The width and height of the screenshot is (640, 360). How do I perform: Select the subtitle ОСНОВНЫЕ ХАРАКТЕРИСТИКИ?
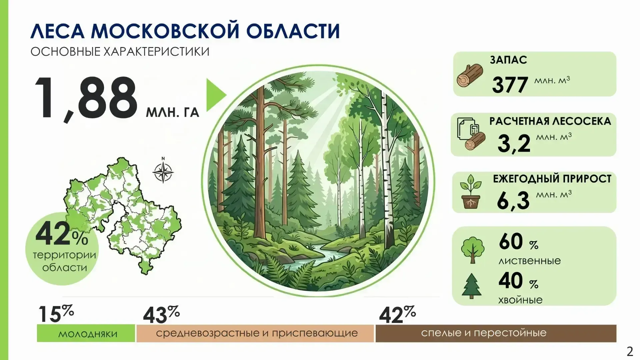(x=120, y=52)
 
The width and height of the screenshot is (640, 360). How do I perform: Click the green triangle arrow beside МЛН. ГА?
(x=215, y=95)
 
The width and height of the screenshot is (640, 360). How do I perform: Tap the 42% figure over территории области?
(x=62, y=234)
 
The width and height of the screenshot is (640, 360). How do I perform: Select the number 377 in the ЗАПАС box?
(x=510, y=85)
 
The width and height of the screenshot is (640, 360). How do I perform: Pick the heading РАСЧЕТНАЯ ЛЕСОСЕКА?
(x=550, y=121)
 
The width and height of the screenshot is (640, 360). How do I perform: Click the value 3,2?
(x=514, y=143)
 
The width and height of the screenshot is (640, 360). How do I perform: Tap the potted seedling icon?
(x=471, y=192)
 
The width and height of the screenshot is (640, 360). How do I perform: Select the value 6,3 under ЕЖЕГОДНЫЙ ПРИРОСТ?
(x=513, y=201)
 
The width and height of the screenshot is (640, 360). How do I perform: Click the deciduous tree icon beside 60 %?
(x=473, y=249)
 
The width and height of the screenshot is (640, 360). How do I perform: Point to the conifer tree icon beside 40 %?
(x=472, y=286)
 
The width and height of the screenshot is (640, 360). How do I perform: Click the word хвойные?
(x=520, y=300)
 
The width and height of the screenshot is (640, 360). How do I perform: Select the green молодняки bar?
(x=86, y=333)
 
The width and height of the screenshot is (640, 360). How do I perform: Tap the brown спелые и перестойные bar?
(x=496, y=333)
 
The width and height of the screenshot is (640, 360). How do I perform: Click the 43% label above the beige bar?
(x=161, y=314)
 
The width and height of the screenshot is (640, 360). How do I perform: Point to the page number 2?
(x=630, y=351)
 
